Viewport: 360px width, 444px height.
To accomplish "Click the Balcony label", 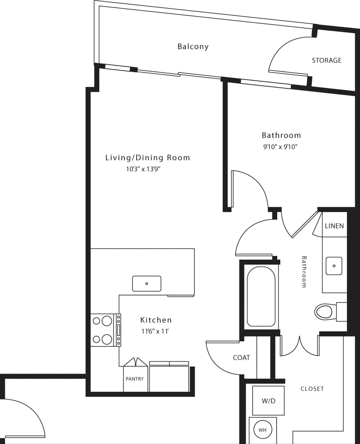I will [193, 46].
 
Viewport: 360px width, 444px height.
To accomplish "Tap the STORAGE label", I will [326, 60].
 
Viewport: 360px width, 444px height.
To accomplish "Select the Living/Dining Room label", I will [147, 158].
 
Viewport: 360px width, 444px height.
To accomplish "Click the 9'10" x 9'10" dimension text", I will [280, 147].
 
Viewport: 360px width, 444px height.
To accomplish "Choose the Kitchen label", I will [156, 320].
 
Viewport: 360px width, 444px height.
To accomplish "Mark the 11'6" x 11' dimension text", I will [155, 331].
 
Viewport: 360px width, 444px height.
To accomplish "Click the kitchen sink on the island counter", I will [147, 283].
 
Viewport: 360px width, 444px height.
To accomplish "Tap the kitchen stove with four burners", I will [106, 330].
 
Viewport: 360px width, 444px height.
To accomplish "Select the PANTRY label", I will [135, 379].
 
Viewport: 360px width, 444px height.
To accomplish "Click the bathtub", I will [261, 297].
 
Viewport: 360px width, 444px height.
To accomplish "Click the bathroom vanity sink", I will [334, 266].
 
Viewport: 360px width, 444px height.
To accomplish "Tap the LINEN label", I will [334, 226].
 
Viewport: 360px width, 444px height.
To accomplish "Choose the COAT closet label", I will [241, 357].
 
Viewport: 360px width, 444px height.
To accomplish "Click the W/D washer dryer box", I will [268, 401].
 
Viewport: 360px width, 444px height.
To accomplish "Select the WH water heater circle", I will [262, 430].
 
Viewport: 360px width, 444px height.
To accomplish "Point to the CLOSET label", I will [312, 389].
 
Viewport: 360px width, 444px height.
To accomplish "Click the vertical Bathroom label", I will [304, 272].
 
